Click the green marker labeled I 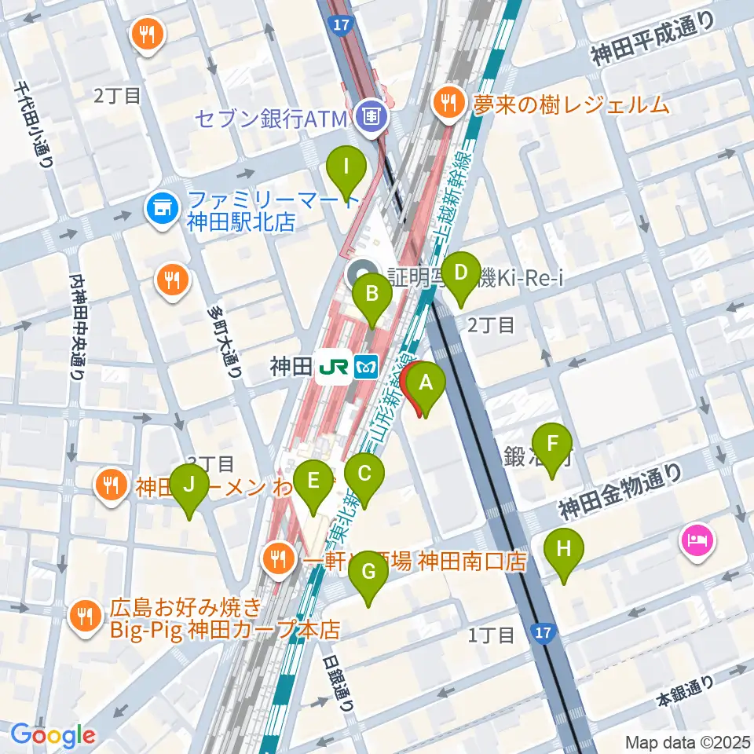coord(345,167)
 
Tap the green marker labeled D coord(460,274)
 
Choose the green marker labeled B coord(372,295)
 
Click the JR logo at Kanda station coord(328,367)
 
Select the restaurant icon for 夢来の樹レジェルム coord(448,102)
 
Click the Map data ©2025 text coord(687,741)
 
